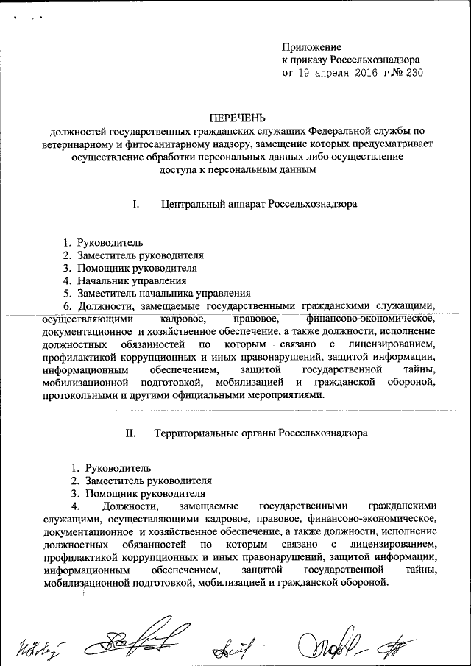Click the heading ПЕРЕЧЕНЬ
(x=236, y=118)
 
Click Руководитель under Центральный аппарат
(x=112, y=242)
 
